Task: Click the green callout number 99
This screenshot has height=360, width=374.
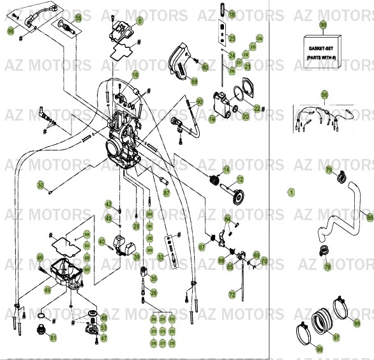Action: click(x=323, y=25)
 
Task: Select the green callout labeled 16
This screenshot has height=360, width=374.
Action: click(x=135, y=75)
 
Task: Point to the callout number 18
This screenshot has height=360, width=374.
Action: click(x=232, y=14)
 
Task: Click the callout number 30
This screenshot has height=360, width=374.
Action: click(x=40, y=186)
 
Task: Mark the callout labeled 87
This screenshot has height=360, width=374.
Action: click(x=166, y=192)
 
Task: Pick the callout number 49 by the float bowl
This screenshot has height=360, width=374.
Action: click(x=47, y=289)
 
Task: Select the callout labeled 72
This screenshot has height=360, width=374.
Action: click(x=232, y=295)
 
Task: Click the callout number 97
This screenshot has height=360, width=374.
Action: click(x=336, y=337)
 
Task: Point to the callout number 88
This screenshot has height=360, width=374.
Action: click(x=370, y=218)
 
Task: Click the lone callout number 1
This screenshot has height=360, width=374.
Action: click(x=291, y=191)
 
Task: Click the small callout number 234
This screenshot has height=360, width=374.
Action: click(x=260, y=38)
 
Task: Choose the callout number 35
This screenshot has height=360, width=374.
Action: click(x=153, y=278)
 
